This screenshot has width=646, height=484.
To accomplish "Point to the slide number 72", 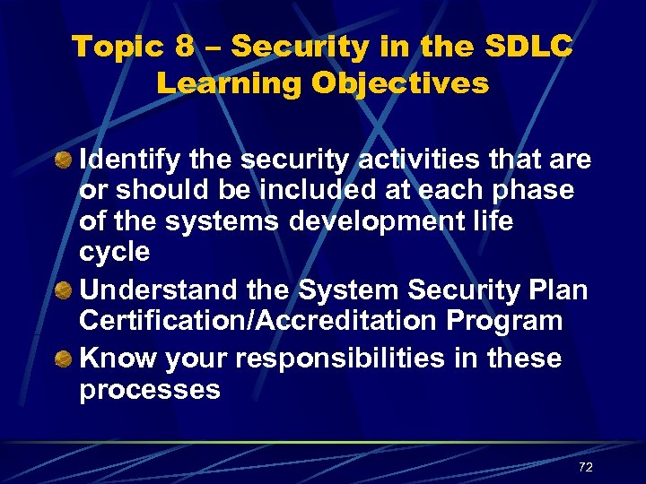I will click(x=586, y=467).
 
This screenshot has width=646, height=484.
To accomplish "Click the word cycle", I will click(x=115, y=253).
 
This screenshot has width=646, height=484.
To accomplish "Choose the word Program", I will click(x=507, y=321).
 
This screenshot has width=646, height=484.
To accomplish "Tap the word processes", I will click(x=150, y=390).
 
